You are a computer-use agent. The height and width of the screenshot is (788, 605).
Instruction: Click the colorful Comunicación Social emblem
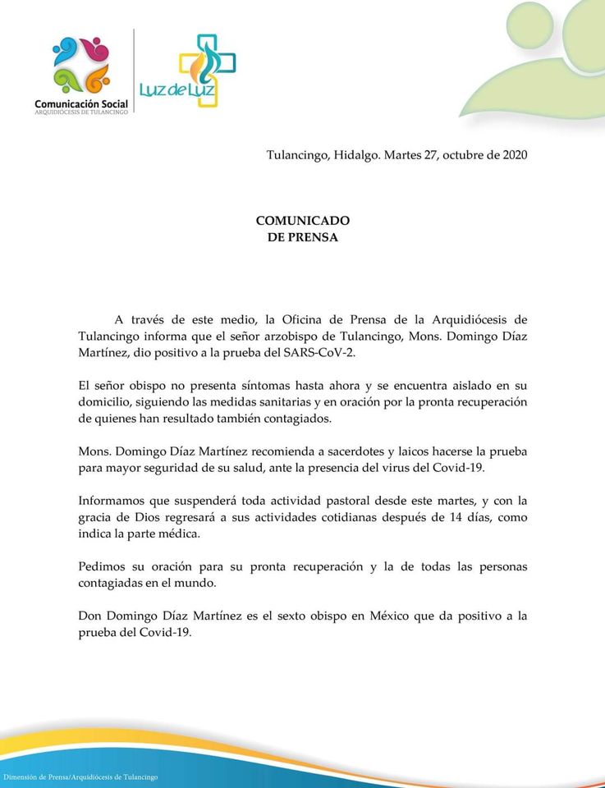pyautogui.click(x=81, y=65)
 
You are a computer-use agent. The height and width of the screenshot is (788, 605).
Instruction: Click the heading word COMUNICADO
pyautogui.click(x=303, y=220)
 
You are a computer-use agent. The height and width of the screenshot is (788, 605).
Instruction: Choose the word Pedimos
pyautogui.click(x=102, y=566)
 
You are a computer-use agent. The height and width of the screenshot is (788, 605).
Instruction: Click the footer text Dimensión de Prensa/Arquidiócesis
pyautogui.click(x=81, y=777)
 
